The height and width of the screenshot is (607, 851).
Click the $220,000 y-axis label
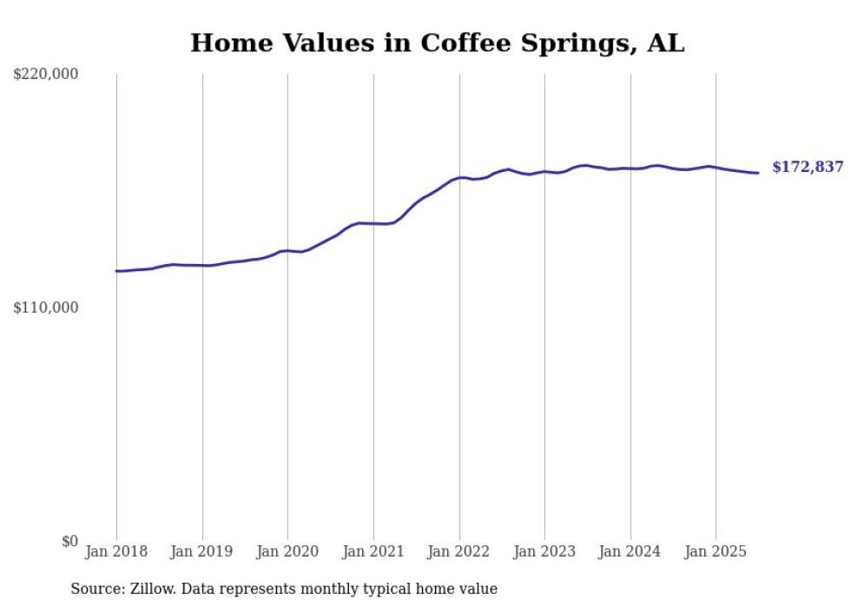46,75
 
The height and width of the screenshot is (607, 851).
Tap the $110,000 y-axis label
46,307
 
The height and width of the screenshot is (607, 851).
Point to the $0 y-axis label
69,541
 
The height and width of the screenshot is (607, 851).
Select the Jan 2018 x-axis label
116,551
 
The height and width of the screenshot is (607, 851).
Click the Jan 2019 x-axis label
202,551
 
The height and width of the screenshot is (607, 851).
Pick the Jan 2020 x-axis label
287,551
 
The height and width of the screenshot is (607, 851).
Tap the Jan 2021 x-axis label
373,551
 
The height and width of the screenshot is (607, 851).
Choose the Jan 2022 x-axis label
459,551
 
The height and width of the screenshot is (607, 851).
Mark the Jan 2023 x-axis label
544,551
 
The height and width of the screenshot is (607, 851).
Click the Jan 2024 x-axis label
630,551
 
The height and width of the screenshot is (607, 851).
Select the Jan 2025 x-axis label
716,551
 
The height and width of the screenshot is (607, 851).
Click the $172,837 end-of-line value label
807,168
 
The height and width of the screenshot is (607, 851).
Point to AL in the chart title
665,43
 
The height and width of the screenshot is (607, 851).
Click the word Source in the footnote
95,589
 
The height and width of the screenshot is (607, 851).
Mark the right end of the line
758,173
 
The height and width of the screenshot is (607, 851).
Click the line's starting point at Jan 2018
116,271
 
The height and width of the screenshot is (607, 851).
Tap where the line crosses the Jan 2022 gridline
459,177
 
